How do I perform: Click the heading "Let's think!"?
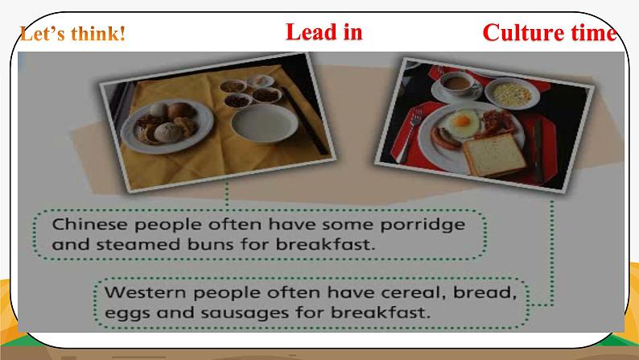pyautogui.click(x=72, y=34)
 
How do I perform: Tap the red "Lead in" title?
pyautogui.click(x=324, y=31)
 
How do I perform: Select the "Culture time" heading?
pyautogui.click(x=550, y=32)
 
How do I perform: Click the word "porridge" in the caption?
pyautogui.click(x=423, y=225)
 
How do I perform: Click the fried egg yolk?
pyautogui.click(x=463, y=121)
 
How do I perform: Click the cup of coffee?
pyautogui.click(x=458, y=83)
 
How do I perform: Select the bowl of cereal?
pyautogui.click(x=512, y=93)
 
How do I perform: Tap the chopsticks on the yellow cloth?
pyautogui.click(x=305, y=120)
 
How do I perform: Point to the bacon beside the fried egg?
pyautogui.click(x=497, y=122)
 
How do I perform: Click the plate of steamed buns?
pyautogui.click(x=167, y=126)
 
